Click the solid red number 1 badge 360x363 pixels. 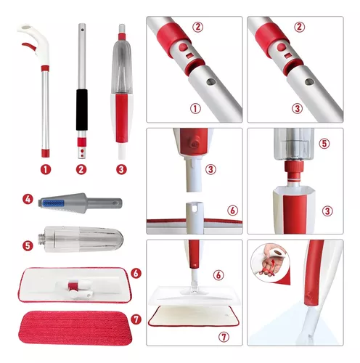[46, 169]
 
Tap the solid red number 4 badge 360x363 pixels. [28, 200]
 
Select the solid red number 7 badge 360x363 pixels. [136, 319]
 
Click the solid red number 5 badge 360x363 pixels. [28, 246]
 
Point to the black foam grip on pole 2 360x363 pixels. [82, 110]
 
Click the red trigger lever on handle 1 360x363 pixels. [29, 46]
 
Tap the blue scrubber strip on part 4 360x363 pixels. [52, 203]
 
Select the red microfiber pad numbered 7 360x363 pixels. [75, 328]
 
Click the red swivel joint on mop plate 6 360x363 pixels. [72, 286]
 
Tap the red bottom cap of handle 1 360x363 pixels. [45, 153]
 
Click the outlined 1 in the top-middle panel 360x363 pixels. [195, 109]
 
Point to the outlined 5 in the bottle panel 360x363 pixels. [324, 143]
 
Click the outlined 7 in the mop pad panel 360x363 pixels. [224, 337]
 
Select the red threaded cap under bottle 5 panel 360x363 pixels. [294, 171]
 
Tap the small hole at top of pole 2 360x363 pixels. [82, 30]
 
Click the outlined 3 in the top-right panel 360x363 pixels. [297, 108]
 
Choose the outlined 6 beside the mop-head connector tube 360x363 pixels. [232, 211]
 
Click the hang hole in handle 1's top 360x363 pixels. [27, 28]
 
